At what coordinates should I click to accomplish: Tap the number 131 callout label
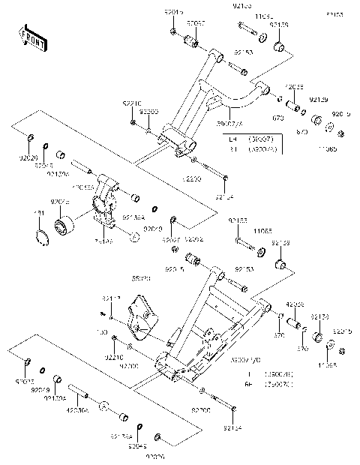[x=40, y=214]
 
